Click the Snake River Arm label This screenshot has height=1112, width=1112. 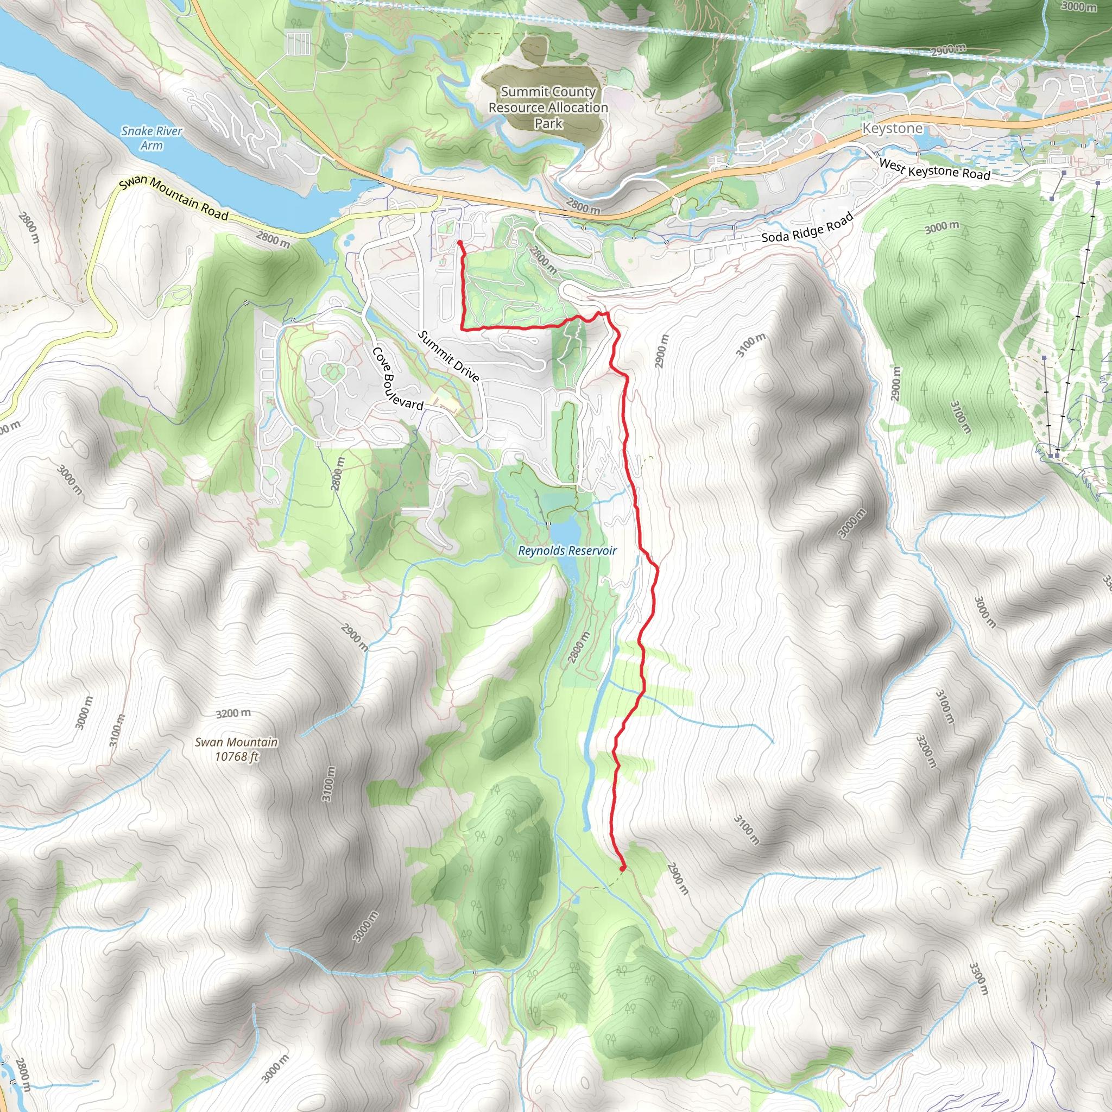(151, 138)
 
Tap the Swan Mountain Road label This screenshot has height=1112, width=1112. (174, 199)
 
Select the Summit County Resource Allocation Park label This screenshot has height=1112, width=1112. (548, 108)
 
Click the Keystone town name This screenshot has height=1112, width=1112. (892, 128)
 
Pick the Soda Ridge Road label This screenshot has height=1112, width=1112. (807, 228)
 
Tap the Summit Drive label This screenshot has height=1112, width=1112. (448, 356)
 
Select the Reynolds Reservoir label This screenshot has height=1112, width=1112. (567, 551)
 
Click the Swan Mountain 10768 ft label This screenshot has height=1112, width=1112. (236, 749)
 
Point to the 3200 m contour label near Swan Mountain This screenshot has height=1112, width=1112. (233, 713)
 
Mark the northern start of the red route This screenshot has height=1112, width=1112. (460, 243)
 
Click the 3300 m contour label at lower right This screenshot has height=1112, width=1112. (978, 978)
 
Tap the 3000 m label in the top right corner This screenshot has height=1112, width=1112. (1079, 7)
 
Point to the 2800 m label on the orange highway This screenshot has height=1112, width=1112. (583, 206)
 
